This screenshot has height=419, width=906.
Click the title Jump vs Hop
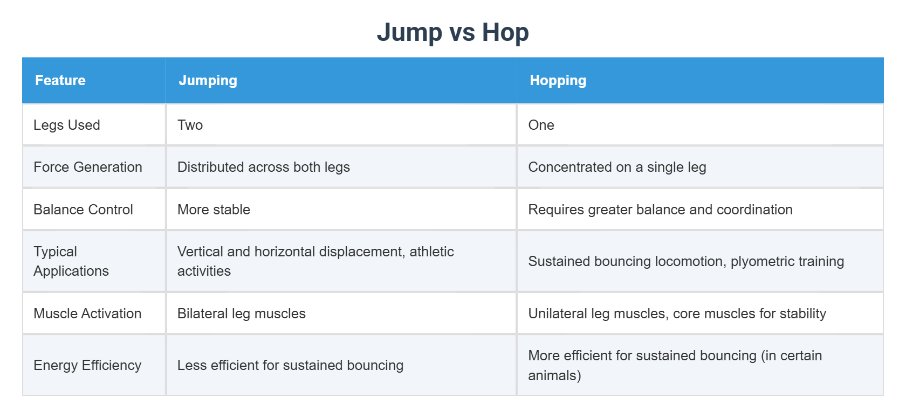[452, 32]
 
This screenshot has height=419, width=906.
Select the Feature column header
[60, 80]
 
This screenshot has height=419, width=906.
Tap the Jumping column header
[208, 80]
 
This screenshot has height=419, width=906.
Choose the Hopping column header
[558, 80]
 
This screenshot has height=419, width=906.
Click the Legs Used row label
[67, 125]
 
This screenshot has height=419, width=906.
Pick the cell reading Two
[190, 125]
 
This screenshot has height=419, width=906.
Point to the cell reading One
[541, 125]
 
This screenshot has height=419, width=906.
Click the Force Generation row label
[88, 167]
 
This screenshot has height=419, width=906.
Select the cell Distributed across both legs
[264, 167]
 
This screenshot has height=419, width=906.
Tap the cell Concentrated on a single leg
[617, 167]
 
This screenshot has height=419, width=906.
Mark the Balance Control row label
[83, 210]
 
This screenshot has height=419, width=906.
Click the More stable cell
[214, 210]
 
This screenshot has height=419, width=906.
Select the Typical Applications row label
[71, 261]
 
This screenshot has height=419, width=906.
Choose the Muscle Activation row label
[87, 313]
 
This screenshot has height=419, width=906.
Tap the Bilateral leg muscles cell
[242, 313]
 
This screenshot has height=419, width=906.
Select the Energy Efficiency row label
[87, 365]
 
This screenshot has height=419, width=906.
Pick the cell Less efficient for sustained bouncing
[290, 365]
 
